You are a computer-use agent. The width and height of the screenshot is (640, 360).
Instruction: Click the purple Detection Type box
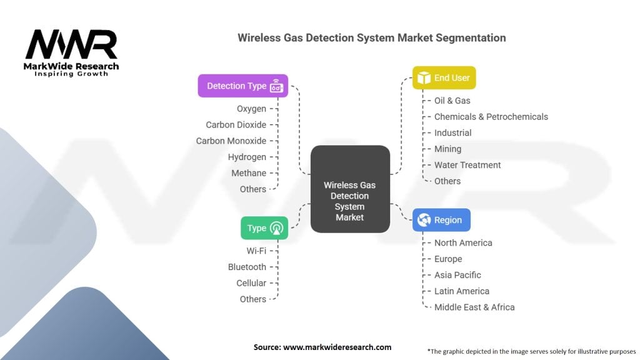tap(243, 86)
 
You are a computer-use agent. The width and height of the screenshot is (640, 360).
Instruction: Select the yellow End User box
tap(444, 77)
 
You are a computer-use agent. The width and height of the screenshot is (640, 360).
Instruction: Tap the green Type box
tap(264, 227)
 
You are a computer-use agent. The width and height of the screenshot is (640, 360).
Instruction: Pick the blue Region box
tap(441, 220)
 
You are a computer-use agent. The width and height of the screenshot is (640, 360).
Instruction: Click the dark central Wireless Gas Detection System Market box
tap(350, 189)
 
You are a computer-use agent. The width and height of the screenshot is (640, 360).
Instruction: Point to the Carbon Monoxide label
tap(231, 141)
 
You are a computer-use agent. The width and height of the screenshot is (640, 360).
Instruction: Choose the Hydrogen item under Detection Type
tap(247, 157)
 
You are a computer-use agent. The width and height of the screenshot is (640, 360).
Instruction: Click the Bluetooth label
tap(247, 267)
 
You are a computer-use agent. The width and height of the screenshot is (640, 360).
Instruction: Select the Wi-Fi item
tap(256, 251)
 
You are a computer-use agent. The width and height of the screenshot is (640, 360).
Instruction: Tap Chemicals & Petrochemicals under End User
tap(491, 117)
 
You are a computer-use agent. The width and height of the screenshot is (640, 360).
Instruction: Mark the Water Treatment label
tap(467, 165)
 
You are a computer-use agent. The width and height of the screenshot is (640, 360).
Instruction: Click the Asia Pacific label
tap(457, 275)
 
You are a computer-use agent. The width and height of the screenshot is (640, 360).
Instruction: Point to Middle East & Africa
tap(474, 307)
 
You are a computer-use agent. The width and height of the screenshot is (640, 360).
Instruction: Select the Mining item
tap(447, 149)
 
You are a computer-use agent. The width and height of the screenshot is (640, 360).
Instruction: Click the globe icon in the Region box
tap(424, 220)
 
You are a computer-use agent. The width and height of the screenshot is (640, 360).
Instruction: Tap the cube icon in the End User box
tap(424, 77)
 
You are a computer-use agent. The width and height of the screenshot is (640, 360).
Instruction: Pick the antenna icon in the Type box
tap(277, 228)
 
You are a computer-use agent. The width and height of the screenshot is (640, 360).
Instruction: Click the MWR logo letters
tap(71, 44)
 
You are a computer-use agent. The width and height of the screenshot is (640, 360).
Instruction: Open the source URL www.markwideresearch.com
tap(337, 347)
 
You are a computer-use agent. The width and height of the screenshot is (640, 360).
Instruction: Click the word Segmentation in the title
tap(471, 38)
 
